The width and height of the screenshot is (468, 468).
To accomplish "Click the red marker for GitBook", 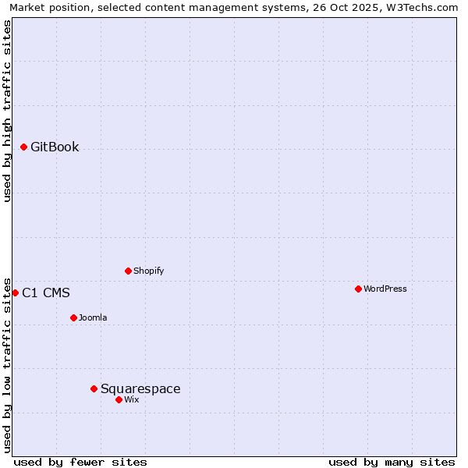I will pyautogui.click(x=23, y=147).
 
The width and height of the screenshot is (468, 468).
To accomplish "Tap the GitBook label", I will pyautogui.click(x=55, y=147).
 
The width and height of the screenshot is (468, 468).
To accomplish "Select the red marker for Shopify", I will pyautogui.click(x=128, y=271).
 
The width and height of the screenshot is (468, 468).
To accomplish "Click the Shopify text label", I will pyautogui.click(x=148, y=271).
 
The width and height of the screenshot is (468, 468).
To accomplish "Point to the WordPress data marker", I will pyautogui.click(x=358, y=289).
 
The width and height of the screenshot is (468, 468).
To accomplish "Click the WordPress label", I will pyautogui.click(x=385, y=289).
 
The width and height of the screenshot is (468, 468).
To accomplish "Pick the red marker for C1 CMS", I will pyautogui.click(x=15, y=292).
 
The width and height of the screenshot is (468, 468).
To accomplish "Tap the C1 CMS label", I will pyautogui.click(x=46, y=293).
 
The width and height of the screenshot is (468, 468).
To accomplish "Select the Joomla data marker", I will pyautogui.click(x=73, y=317).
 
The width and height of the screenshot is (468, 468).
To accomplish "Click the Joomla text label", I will pyautogui.click(x=93, y=318).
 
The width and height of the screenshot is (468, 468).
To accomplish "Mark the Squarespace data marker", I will pyautogui.click(x=94, y=388).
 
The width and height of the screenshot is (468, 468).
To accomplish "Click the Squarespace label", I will pyautogui.click(x=140, y=389).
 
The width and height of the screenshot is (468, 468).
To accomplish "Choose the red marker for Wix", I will pyautogui.click(x=119, y=399).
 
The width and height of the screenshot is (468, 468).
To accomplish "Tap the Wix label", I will pyautogui.click(x=131, y=400).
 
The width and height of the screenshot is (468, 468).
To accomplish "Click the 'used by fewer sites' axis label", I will pyautogui.click(x=80, y=462).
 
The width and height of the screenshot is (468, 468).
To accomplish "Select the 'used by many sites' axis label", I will pyautogui.click(x=392, y=462).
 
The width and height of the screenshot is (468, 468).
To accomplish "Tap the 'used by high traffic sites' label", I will pyautogui.click(x=8, y=111).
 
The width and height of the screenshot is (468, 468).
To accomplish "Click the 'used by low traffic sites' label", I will pyautogui.click(x=8, y=364).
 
